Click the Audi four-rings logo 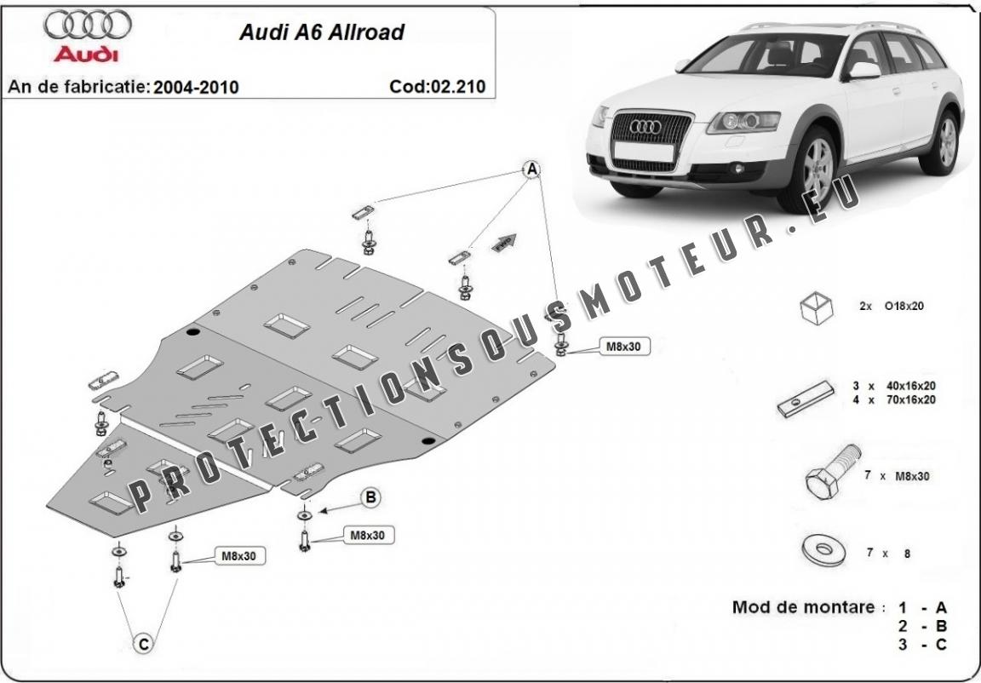pos(88,27)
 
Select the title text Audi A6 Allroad pos(321,33)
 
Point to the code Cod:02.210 pos(437,86)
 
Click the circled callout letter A pos(531,169)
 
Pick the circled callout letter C pos(144,642)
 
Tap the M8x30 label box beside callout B pos(368,536)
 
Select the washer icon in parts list pos(822,550)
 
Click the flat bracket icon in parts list pos(805,398)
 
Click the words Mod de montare pos(803,607)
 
